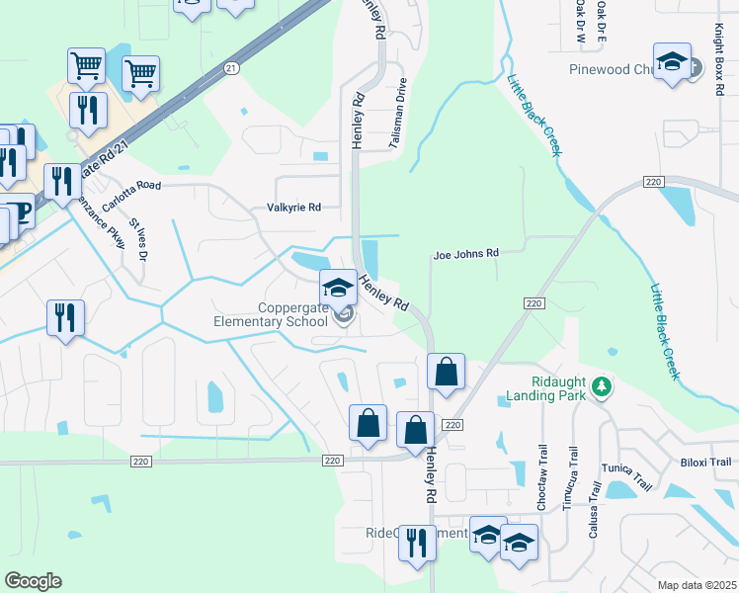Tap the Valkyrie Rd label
click(x=294, y=208)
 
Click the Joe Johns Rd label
click(x=465, y=254)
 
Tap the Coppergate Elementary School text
click(x=272, y=314)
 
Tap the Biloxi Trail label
click(x=705, y=462)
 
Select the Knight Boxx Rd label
click(x=718, y=59)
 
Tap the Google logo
click(x=33, y=581)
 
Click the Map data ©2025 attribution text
click(x=697, y=585)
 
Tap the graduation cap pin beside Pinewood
click(x=673, y=62)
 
